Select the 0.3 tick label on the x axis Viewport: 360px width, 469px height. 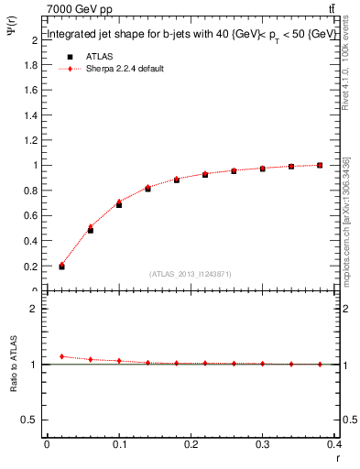coord(263,444)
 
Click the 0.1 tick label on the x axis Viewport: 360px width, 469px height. coord(119,444)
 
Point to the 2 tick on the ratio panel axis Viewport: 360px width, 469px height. coord(33,309)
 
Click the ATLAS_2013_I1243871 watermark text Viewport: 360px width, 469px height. coord(190,274)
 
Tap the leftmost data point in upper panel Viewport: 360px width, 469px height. coord(61,267)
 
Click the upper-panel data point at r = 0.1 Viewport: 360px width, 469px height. coord(119,204)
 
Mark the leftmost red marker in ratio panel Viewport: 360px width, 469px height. coord(61,356)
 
